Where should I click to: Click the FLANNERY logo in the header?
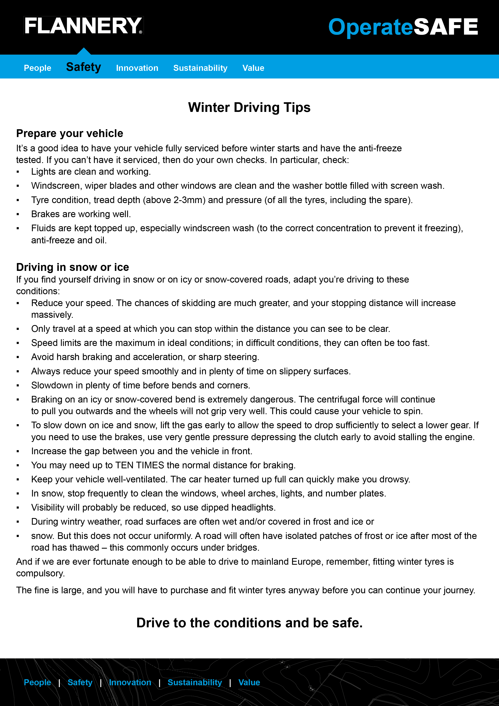pyautogui.click(x=83, y=26)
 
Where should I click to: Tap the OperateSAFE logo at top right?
pyautogui.click(x=403, y=27)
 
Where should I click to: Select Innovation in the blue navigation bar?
pyautogui.click(x=137, y=68)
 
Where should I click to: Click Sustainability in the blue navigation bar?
pyautogui.click(x=200, y=68)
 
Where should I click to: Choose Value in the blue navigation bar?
pyautogui.click(x=253, y=68)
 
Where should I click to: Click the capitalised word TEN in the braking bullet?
pyautogui.click(x=124, y=465)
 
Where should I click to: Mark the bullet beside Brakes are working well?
pyautogui.click(x=18, y=214)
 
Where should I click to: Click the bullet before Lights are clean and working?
pyautogui.click(x=18, y=172)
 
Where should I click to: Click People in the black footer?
pyautogui.click(x=37, y=682)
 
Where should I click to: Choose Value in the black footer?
pyautogui.click(x=249, y=682)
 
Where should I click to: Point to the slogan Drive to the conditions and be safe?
pyautogui.click(x=249, y=623)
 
